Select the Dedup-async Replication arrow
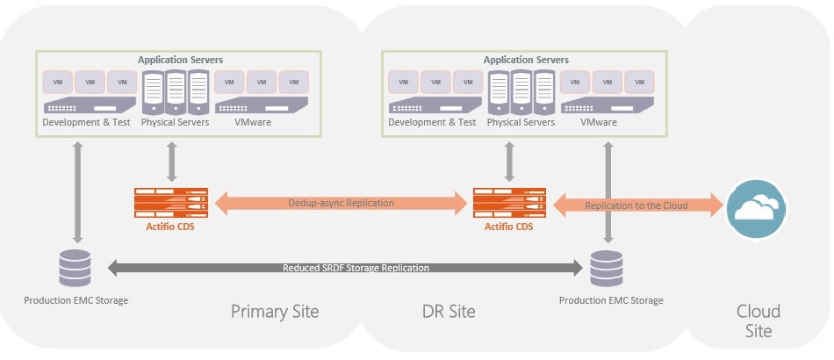[x=342, y=203]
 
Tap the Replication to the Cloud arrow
[x=636, y=205]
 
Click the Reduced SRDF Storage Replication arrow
[x=344, y=268]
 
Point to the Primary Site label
[x=275, y=312]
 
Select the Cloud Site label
[x=759, y=320]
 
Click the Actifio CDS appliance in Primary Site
[x=170, y=203]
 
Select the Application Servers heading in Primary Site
[x=180, y=60]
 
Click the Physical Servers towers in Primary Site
[x=175, y=90]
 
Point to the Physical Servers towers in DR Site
[x=521, y=90]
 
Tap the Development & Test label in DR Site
[x=432, y=122]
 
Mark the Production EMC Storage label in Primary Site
[x=75, y=300]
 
